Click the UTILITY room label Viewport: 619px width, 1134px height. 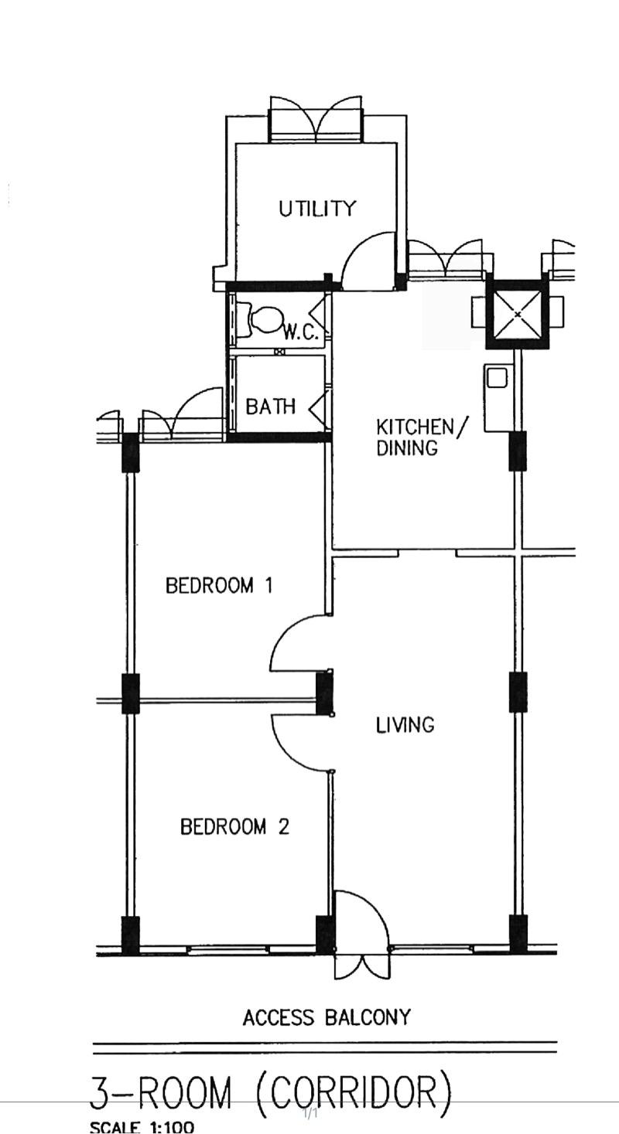(x=317, y=209)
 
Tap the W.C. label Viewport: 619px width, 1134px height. (x=300, y=332)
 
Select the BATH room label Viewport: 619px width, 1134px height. (x=270, y=407)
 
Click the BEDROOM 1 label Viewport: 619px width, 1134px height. (x=219, y=585)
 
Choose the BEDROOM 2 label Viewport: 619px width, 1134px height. (x=234, y=827)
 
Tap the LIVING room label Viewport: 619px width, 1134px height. (x=405, y=725)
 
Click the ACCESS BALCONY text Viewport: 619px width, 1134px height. (x=326, y=1018)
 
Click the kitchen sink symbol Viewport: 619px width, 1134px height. (x=496, y=378)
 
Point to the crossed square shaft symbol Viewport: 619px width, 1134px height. (x=517, y=315)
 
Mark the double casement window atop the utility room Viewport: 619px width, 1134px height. (x=315, y=120)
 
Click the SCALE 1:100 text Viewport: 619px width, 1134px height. (x=142, y=1127)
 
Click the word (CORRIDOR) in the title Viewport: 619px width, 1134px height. (x=354, y=1094)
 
